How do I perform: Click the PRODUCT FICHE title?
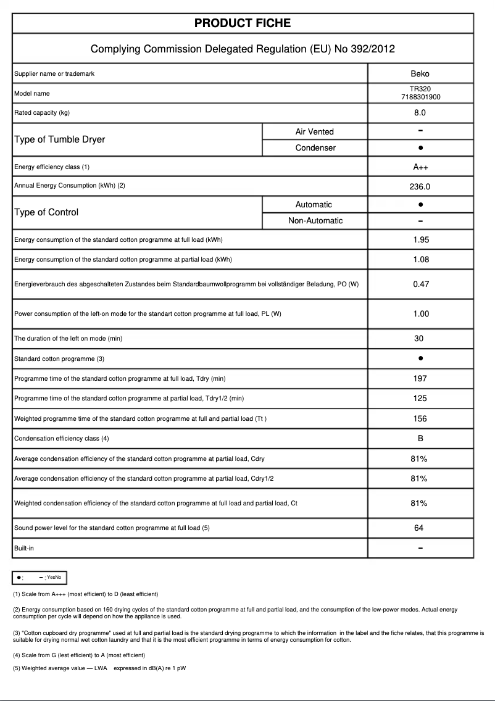click(243, 23)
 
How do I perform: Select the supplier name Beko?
click(420, 73)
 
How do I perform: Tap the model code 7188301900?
click(420, 97)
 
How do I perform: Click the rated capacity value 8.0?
click(420, 113)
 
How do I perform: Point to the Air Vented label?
click(314, 131)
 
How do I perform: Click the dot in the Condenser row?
click(420, 148)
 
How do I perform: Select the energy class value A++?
click(420, 167)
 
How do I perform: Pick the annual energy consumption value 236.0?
click(420, 186)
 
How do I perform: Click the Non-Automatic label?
click(315, 220)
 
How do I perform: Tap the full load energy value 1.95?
click(420, 239)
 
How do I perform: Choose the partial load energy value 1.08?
click(420, 259)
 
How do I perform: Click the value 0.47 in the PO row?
click(420, 284)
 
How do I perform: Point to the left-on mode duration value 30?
click(419, 338)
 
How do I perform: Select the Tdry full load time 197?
click(420, 378)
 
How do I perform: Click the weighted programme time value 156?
click(420, 418)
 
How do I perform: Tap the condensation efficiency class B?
click(420, 438)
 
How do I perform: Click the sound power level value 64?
click(419, 528)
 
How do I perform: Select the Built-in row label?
click(24, 548)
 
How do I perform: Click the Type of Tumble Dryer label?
click(59, 139)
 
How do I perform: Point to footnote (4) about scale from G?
click(79, 655)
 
